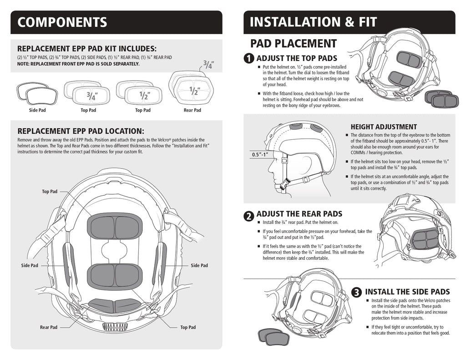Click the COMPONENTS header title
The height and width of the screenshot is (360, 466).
pyautogui.click(x=62, y=22)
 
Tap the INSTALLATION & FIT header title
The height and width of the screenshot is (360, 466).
pyautogui.click(x=313, y=22)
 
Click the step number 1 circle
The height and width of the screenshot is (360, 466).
pyautogui.click(x=249, y=59)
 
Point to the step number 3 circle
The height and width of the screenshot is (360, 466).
pyautogui.click(x=358, y=292)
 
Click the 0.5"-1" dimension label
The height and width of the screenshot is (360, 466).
pyautogui.click(x=260, y=155)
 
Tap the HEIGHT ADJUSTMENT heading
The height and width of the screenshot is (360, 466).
pyautogui.click(x=384, y=127)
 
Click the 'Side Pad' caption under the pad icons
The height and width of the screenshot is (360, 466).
pyautogui.click(x=37, y=110)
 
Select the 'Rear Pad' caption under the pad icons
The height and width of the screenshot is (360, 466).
pyautogui.click(x=192, y=110)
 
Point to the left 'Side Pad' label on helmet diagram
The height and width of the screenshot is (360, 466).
pyautogui.click(x=30, y=265)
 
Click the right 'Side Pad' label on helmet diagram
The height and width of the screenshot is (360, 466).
pyautogui.click(x=199, y=265)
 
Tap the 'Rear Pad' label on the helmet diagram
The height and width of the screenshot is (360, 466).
pyautogui.click(x=48, y=327)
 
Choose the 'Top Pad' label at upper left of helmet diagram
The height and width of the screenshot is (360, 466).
pyautogui.click(x=50, y=192)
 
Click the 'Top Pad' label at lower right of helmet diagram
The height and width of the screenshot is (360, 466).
pyautogui.click(x=187, y=327)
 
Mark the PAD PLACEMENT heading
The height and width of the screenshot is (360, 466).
pyautogui.click(x=294, y=44)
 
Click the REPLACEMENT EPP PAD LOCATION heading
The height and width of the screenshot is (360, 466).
pyautogui.click(x=80, y=131)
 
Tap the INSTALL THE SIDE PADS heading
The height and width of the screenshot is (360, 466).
pyautogui.click(x=407, y=292)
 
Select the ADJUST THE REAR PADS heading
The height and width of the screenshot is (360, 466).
pyautogui.click(x=299, y=214)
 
